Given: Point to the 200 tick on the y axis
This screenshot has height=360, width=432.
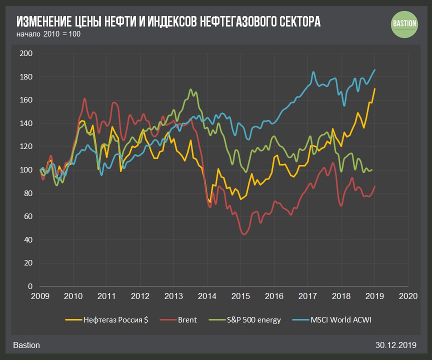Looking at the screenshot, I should (x=25, y=53).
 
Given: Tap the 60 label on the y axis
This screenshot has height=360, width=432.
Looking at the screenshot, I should (x=27, y=216).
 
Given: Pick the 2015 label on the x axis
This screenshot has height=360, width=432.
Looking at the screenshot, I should (x=240, y=295).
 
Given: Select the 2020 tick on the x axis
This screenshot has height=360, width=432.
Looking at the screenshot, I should (x=408, y=295).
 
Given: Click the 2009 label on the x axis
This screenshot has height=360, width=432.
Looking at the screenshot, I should (x=40, y=295).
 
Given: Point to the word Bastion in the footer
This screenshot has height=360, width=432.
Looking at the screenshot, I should (x=26, y=345).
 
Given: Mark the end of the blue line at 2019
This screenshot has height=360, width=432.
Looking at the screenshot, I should (x=375, y=70).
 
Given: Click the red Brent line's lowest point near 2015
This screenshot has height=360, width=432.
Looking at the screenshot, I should (x=244, y=234).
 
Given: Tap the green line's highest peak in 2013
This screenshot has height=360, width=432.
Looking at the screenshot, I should (x=190, y=89).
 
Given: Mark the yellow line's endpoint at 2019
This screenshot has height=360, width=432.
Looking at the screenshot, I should (x=375, y=88).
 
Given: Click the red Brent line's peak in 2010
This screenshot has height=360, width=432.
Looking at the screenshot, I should (x=84, y=98).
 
